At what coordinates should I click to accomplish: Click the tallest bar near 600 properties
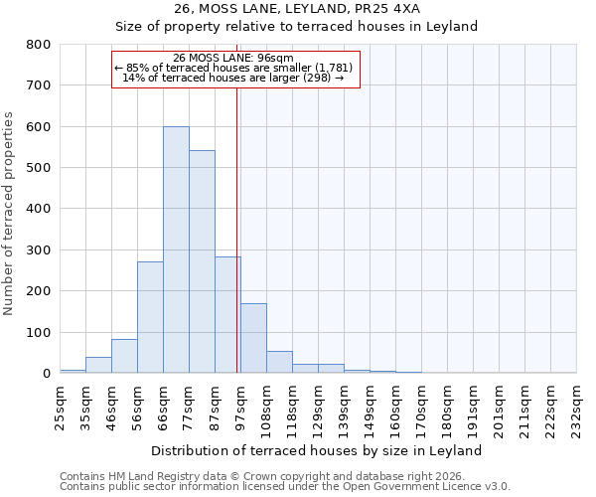coord(176,249)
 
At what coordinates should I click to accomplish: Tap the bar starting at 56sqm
coord(150,317)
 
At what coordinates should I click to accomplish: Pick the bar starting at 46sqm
coord(124,356)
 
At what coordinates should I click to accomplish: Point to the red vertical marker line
coord(237,229)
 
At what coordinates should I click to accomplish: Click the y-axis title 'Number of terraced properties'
coord(9,213)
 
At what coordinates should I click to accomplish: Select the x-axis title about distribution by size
coord(318,450)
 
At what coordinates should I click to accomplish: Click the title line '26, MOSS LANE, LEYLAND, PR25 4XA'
coord(297,9)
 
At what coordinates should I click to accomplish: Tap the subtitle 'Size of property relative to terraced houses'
coord(297,27)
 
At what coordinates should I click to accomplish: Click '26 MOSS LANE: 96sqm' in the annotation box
coord(233,59)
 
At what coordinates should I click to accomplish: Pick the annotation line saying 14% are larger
coord(233,78)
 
